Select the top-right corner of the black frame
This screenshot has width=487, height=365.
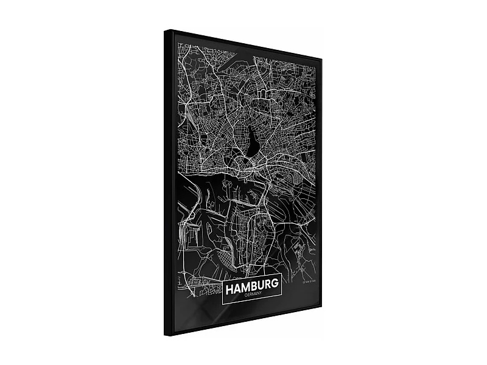321,59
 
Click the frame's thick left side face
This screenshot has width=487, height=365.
169,182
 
